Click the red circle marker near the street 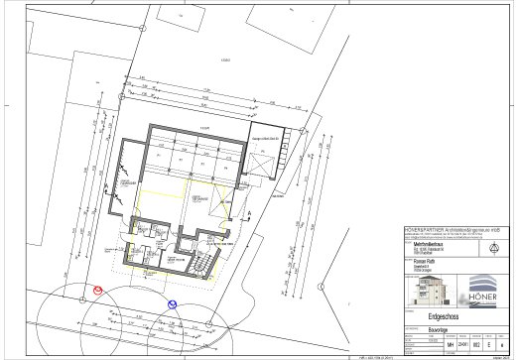click(97, 291)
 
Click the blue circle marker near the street click(173, 304)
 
